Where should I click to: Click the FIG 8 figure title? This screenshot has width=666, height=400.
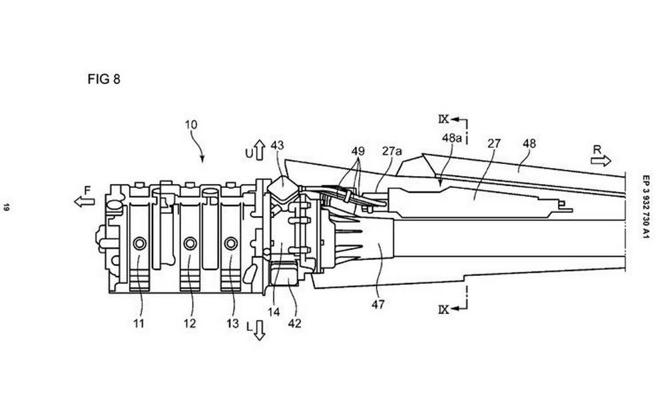point(104,79)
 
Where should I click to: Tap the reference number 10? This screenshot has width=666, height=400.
point(191,125)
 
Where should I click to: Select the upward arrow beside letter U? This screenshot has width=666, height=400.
point(260,150)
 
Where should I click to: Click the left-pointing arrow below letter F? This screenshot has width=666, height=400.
point(85,201)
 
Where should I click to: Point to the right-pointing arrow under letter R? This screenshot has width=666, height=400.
point(601,161)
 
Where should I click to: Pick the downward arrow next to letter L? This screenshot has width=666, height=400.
point(259,331)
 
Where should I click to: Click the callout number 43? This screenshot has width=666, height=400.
point(277,145)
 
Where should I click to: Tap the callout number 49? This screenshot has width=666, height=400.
point(358,151)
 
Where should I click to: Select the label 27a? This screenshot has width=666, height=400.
point(392,151)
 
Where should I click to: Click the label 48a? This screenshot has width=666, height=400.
point(452,138)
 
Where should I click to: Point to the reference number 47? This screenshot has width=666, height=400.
point(378,305)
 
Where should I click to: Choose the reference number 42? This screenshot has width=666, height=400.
point(294,323)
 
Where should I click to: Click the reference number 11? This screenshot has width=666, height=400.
point(139,323)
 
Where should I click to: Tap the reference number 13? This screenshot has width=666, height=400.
point(232,323)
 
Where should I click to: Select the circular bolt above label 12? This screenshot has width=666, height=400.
point(190,243)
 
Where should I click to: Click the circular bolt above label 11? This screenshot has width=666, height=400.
point(140,243)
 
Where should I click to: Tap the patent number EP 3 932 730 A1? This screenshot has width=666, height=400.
point(646,207)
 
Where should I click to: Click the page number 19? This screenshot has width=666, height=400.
point(7,207)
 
